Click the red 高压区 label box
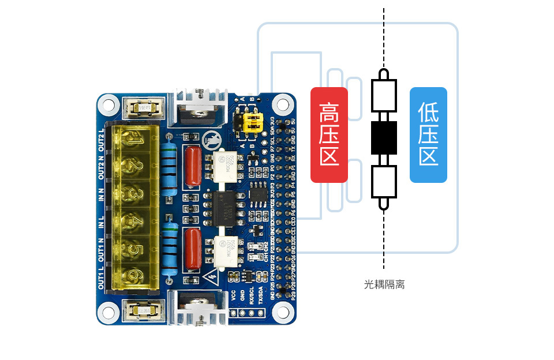point(329,134)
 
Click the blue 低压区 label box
point(428,134)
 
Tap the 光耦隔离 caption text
point(384,284)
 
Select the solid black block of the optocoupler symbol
point(384,138)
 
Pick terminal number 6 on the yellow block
point(134,276)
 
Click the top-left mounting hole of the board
point(108,104)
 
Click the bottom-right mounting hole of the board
point(282,312)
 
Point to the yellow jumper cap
point(252,121)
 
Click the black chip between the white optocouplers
point(226,208)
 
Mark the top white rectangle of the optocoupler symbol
point(384,96)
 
